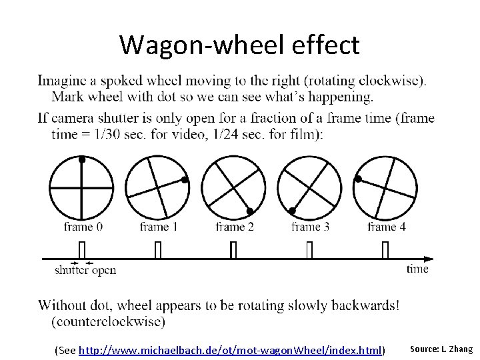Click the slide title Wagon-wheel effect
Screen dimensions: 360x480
239,45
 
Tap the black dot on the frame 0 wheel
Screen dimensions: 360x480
82,160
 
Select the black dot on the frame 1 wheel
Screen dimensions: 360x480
185,179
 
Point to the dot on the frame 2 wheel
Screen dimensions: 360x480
249,211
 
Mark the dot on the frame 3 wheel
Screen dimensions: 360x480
292,211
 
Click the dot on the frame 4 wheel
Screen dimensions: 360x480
358,179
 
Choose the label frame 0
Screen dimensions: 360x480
83,227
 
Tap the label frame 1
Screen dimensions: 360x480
159,227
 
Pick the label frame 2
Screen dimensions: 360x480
235,227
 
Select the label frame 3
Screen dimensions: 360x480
311,227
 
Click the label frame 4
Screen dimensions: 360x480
387,227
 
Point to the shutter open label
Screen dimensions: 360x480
85,270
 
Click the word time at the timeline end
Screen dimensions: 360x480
417,269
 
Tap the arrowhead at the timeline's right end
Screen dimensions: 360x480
430,259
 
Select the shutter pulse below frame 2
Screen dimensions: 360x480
234,250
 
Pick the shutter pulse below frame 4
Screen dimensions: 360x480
386,250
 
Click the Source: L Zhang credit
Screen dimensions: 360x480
441,349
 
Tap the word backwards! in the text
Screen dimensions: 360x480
367,306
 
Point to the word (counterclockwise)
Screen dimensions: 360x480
108,321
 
